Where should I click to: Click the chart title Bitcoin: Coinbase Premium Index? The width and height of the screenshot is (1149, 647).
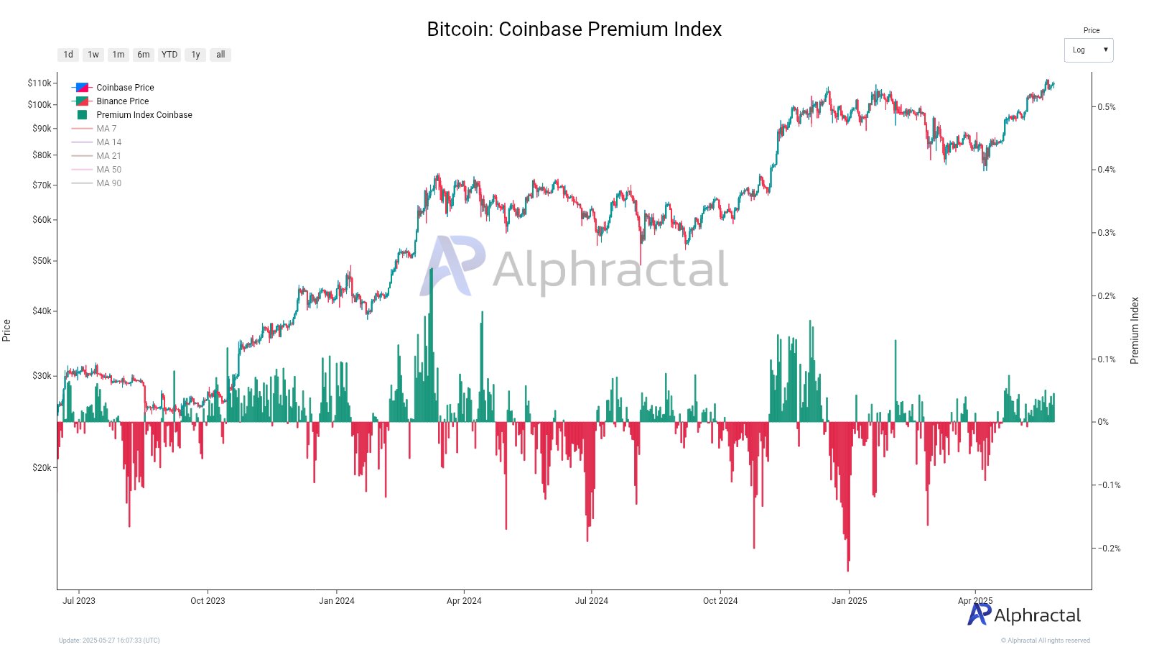pyautogui.click(x=574, y=29)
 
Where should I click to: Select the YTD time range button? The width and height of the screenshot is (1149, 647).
pyautogui.click(x=169, y=55)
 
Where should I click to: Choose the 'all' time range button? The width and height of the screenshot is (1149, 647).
pyautogui.click(x=220, y=55)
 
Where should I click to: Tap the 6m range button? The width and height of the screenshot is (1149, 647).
pyautogui.click(x=144, y=55)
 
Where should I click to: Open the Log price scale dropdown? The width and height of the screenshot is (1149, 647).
pyautogui.click(x=1088, y=50)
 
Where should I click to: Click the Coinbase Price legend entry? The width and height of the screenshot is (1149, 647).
pyautogui.click(x=125, y=88)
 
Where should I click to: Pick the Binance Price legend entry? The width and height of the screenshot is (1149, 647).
pyautogui.click(x=122, y=101)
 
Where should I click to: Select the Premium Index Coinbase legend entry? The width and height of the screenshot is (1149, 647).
pyautogui.click(x=144, y=115)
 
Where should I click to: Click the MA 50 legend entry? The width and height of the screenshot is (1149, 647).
pyautogui.click(x=108, y=170)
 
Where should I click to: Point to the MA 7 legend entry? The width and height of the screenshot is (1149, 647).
pyautogui.click(x=106, y=129)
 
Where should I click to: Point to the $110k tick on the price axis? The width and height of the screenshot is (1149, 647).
pyautogui.click(x=39, y=83)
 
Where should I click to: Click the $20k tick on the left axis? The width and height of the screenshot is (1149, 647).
pyautogui.click(x=42, y=467)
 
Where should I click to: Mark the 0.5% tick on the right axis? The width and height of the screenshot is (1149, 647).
pyautogui.click(x=1107, y=107)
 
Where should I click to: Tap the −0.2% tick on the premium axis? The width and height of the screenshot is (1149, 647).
pyautogui.click(x=1109, y=549)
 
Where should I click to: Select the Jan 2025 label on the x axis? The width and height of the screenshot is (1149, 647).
pyautogui.click(x=849, y=601)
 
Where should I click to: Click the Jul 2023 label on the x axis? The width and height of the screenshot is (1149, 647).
pyautogui.click(x=78, y=601)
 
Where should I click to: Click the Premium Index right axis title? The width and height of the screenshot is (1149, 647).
pyautogui.click(x=1135, y=331)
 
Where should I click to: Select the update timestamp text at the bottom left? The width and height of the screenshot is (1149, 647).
pyautogui.click(x=109, y=641)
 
